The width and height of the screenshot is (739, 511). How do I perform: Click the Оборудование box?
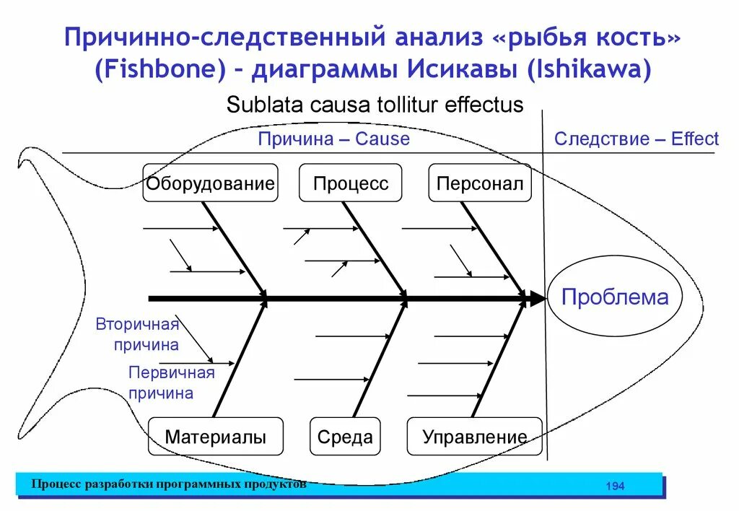[x=210, y=183]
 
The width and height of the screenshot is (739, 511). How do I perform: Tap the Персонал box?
[x=479, y=183]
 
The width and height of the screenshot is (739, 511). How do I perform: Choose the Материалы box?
[x=215, y=436]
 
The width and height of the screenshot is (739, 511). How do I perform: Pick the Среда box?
[x=345, y=436]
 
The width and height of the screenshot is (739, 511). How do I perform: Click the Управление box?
[x=474, y=436]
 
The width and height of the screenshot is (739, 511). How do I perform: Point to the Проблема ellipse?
[x=615, y=297]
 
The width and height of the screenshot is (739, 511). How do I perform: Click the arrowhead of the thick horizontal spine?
[x=538, y=297]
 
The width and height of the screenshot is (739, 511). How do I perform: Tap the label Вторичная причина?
[x=137, y=334]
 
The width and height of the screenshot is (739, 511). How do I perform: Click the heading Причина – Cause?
[x=333, y=139]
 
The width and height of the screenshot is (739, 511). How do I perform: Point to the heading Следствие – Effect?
[x=636, y=139]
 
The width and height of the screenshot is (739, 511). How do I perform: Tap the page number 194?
[x=615, y=486]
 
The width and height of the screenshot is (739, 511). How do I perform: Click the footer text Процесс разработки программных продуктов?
[x=168, y=484]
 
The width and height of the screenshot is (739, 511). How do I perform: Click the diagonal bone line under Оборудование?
[x=235, y=249]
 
